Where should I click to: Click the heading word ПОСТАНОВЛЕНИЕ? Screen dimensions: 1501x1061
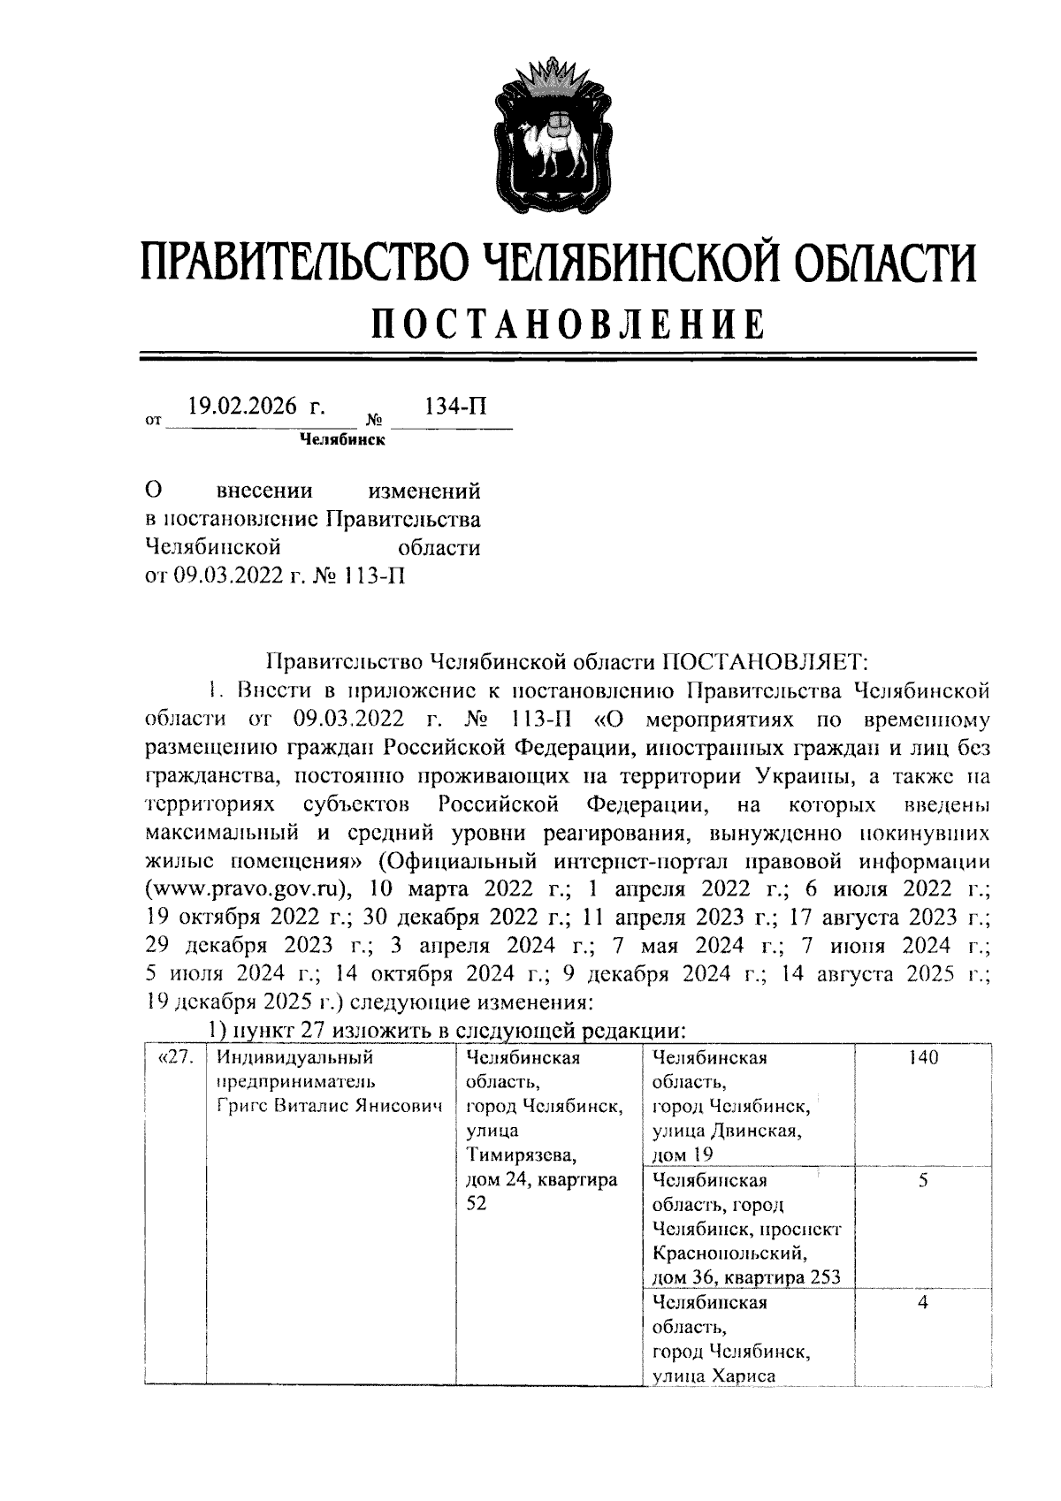click(x=568, y=324)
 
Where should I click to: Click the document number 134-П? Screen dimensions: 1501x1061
click(x=456, y=407)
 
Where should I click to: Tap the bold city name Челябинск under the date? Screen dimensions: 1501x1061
click(x=342, y=440)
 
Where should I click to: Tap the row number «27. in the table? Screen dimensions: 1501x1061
click(x=173, y=1058)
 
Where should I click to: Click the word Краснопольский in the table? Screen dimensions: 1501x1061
click(x=728, y=1253)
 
